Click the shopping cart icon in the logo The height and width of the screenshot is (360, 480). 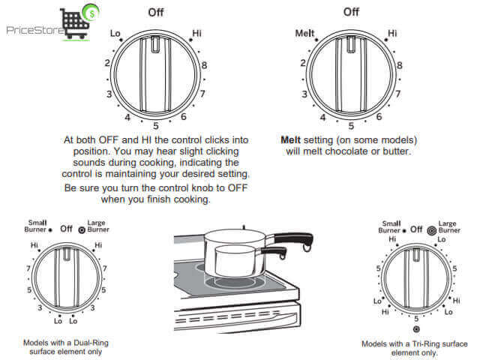[x=75, y=24]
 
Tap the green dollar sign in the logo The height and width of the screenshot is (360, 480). [x=92, y=13]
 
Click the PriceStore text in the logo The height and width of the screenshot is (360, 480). [x=35, y=30]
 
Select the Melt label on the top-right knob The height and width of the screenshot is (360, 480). [x=304, y=33]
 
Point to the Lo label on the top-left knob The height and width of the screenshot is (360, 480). [x=115, y=33]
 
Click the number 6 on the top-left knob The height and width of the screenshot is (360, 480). [x=183, y=117]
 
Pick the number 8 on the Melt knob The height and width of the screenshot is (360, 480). [x=400, y=65]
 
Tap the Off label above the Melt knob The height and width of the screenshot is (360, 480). [x=351, y=12]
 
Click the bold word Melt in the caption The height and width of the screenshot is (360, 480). [x=290, y=140]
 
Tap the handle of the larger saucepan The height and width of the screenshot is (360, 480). [x=294, y=239]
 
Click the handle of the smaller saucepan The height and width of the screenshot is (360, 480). [x=274, y=252]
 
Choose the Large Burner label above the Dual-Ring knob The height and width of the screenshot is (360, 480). [x=98, y=226]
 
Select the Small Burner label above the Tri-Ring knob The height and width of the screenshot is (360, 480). [x=389, y=226]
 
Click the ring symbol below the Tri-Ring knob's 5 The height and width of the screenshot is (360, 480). [x=416, y=329]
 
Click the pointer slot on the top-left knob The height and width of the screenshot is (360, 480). [x=155, y=45]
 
